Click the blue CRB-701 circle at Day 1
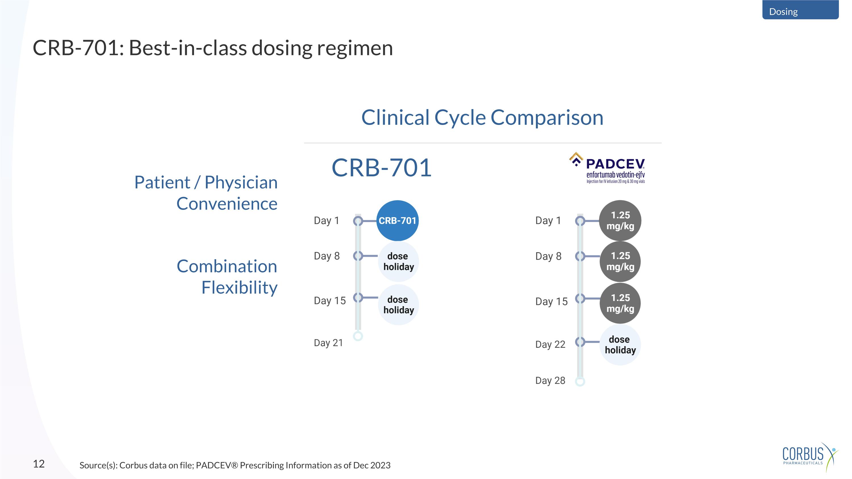[397, 221]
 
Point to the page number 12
[39, 463]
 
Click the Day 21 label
[328, 343]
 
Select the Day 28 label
[550, 380]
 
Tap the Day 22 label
[550, 344]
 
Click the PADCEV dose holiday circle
[620, 345]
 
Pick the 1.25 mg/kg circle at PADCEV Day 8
[620, 261]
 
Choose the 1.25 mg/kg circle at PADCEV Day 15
[620, 303]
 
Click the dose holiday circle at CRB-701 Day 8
[398, 262]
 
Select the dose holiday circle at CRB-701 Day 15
[398, 305]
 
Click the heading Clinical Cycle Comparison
[482, 117]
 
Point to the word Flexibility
[239, 287]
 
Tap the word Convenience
[227, 204]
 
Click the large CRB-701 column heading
[381, 168]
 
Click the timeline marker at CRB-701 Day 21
[358, 336]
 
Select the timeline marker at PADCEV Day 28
[580, 382]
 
